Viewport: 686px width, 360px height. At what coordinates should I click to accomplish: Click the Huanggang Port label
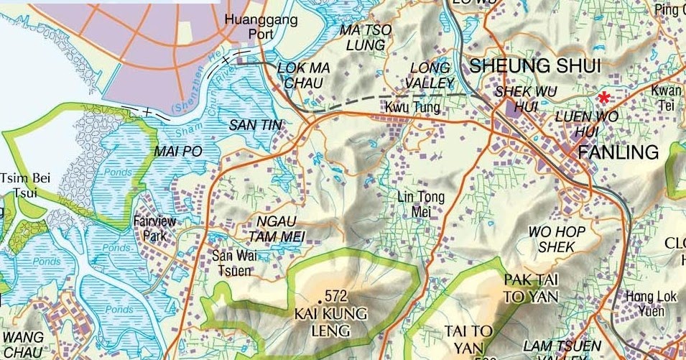pos(261,27)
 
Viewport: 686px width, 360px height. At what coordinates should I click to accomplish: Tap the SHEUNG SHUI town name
pos(534,67)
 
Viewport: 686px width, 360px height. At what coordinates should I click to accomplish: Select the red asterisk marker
pos(605,98)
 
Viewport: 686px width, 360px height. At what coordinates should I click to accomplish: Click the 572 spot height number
pos(335,296)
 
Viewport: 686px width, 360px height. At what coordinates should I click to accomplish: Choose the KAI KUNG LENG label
pos(330,323)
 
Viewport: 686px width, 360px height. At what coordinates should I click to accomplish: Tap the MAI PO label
pos(179,152)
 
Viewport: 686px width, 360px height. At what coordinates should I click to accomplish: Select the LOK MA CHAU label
pos(303,75)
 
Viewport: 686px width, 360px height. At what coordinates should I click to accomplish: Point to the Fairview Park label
pos(150,229)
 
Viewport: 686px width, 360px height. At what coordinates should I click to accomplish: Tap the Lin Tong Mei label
pos(421,203)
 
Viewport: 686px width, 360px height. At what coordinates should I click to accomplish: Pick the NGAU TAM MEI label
pos(277,229)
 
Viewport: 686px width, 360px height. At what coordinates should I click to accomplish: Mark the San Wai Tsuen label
pos(231,262)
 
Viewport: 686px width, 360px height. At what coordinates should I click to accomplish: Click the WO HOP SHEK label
pos(557,239)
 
